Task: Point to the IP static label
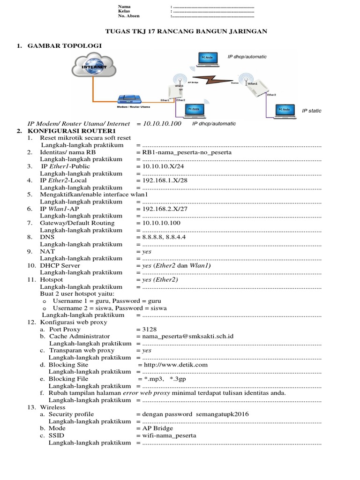pos(312,111)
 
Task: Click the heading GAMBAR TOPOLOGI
pos(65,45)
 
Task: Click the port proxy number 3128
pos(150,330)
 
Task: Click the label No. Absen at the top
pos(129,16)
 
